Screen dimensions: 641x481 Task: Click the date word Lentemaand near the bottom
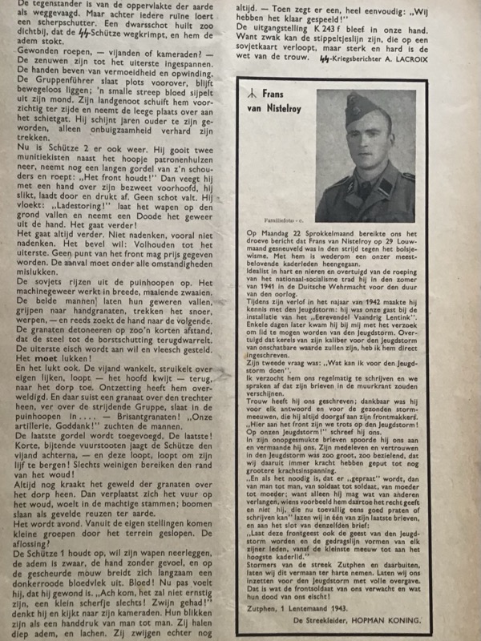307,609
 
